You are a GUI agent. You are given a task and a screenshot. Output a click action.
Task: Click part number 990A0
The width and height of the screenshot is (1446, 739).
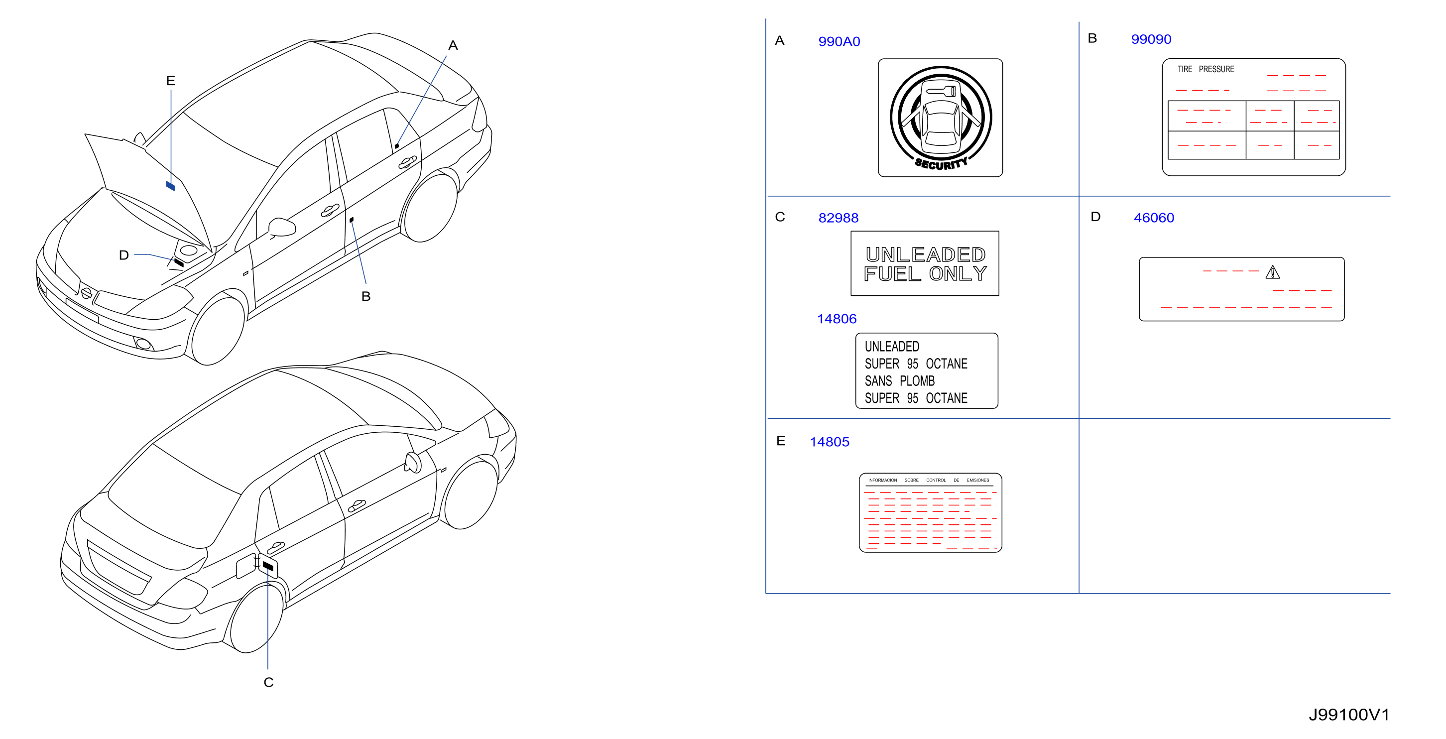click(839, 41)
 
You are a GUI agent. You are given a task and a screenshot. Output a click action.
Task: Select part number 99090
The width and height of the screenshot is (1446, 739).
click(1151, 39)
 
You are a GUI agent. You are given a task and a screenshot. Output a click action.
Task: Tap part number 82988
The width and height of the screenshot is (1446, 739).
click(838, 218)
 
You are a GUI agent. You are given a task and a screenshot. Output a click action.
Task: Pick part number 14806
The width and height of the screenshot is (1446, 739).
click(837, 319)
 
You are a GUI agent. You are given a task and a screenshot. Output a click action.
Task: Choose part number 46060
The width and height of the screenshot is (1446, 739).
click(1154, 218)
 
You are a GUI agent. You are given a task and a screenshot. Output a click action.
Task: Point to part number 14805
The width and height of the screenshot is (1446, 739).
click(829, 442)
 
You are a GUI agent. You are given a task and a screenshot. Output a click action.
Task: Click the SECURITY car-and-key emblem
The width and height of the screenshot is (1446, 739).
click(940, 118)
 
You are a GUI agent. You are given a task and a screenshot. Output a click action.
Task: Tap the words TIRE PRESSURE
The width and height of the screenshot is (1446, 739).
click(1206, 69)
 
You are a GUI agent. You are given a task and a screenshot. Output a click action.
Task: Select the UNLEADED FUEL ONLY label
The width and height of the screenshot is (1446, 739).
click(925, 263)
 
